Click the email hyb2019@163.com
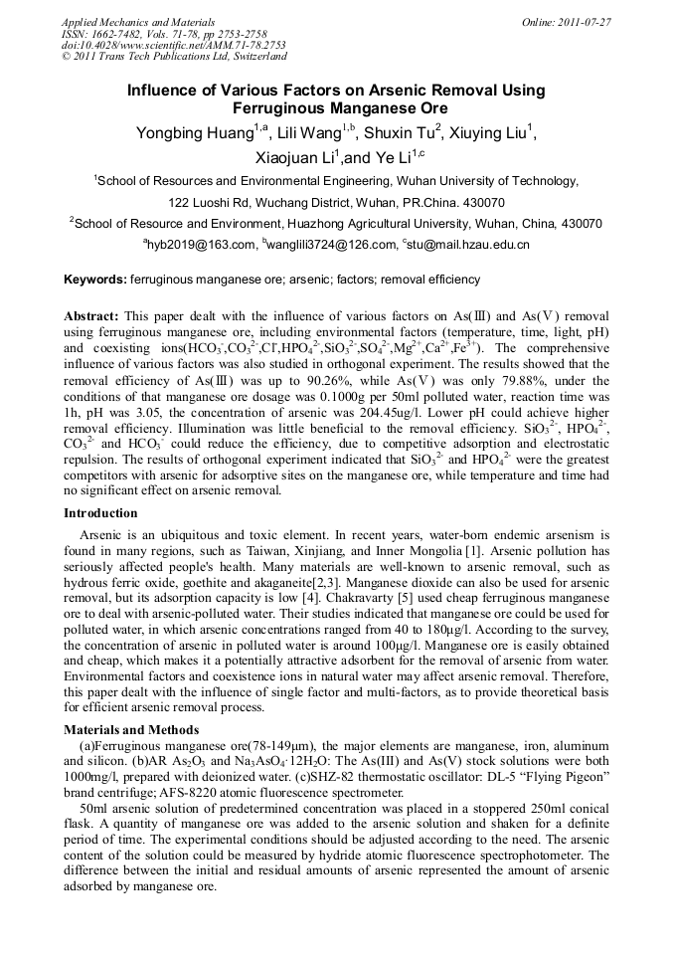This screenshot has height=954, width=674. point(202,244)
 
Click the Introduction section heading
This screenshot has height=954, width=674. point(100,513)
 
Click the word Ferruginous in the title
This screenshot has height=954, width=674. point(274,107)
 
